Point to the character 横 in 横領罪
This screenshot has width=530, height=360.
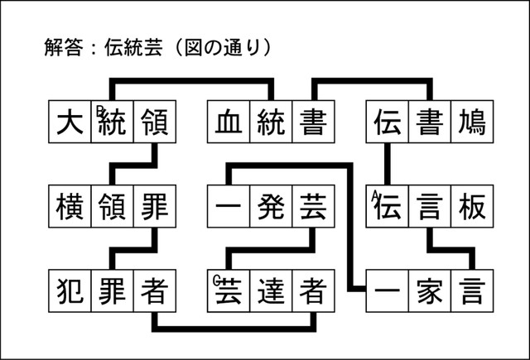click(69, 205)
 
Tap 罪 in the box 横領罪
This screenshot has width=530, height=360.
click(154, 205)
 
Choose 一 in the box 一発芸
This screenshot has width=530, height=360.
click(227, 205)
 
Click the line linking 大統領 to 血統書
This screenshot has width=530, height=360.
click(190, 81)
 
